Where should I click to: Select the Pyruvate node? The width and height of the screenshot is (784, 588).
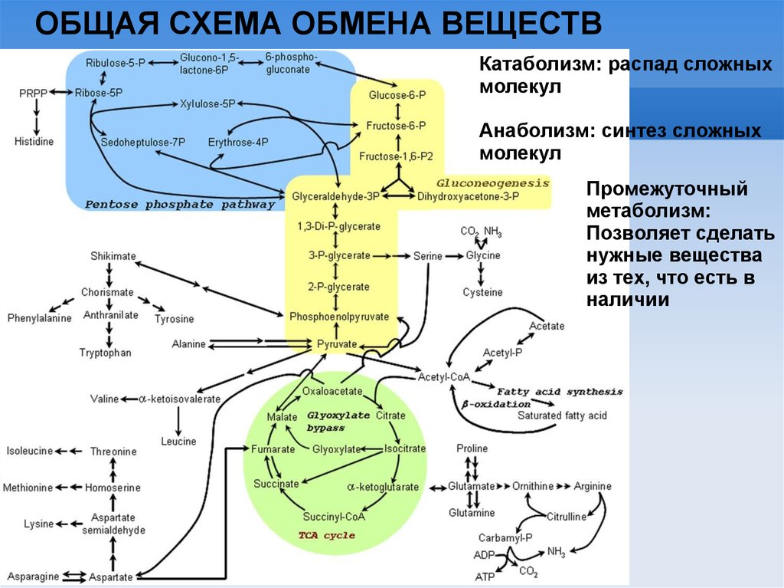(337, 344)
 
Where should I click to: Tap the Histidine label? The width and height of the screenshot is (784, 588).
(34, 142)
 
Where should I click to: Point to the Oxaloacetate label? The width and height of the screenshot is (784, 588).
(332, 391)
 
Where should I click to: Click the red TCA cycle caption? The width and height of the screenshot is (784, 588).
(327, 535)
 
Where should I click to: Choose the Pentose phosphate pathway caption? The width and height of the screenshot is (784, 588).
(179, 205)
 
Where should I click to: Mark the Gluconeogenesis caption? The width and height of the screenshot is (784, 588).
(493, 184)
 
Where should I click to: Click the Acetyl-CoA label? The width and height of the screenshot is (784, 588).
(443, 377)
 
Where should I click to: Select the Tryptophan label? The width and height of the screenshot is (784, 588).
(106, 353)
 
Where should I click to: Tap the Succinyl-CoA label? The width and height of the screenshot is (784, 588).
(334, 516)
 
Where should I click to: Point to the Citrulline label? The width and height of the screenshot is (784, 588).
(567, 517)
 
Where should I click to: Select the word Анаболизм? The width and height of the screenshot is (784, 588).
(532, 131)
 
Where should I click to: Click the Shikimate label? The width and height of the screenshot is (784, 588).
(112, 255)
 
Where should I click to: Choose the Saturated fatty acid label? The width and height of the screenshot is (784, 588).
(561, 415)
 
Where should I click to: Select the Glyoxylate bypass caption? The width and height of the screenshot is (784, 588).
(338, 421)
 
